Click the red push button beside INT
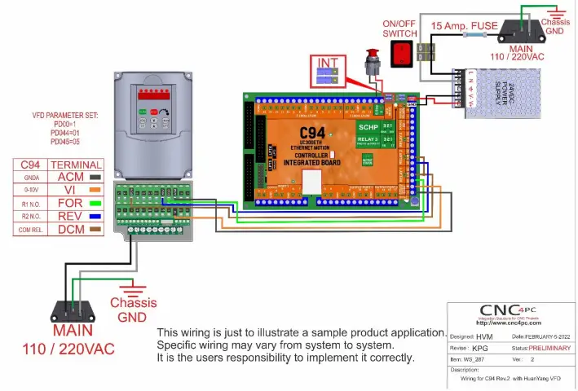(376, 62)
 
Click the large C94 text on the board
(311, 132)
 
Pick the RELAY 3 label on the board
(366, 139)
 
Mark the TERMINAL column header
(76, 163)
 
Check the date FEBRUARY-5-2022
(541, 336)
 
